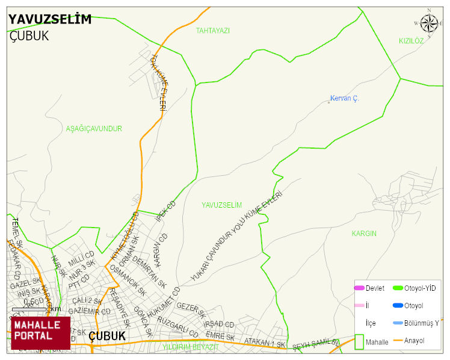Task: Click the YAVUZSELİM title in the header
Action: [x=50, y=19]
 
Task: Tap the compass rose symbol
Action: [x=429, y=23]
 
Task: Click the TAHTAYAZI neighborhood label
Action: [x=213, y=30]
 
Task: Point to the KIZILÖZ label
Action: [x=411, y=40]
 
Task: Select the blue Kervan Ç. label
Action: [x=344, y=98]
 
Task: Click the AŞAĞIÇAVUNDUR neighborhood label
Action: [x=94, y=129]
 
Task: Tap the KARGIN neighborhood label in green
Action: [x=364, y=233]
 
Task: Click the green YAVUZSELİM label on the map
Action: [x=221, y=205]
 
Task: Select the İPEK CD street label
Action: [x=165, y=211]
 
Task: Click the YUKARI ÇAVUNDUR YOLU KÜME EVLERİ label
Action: [x=236, y=235]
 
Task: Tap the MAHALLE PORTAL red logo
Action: [x=40, y=333]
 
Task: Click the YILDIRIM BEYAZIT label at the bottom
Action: [x=191, y=347]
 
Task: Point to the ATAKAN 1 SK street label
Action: [x=265, y=343]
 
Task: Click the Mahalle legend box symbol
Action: [x=359, y=341]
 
